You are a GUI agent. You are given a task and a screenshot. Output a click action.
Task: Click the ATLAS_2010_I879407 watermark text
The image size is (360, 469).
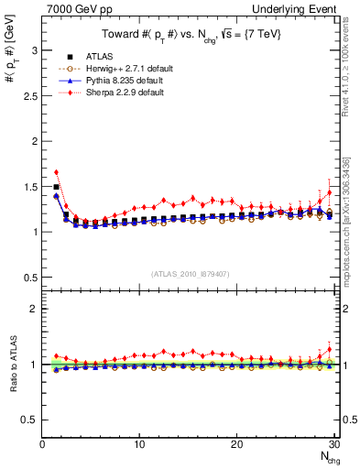[191, 274]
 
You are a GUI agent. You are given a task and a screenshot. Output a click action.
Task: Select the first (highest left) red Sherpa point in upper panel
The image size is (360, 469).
[56, 171]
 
